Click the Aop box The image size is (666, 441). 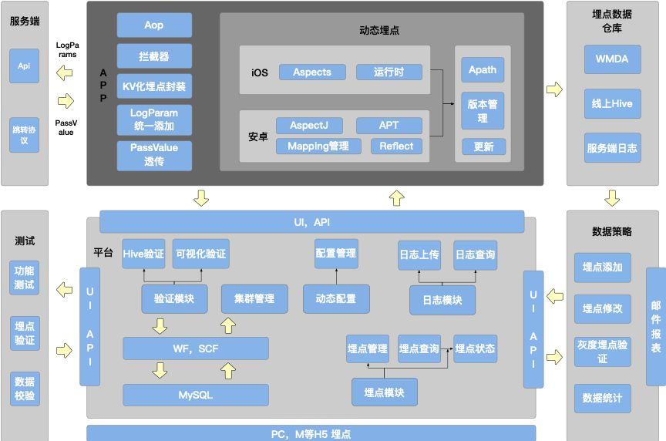(154, 25)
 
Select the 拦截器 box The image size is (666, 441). (154, 56)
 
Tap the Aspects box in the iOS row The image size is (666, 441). (311, 72)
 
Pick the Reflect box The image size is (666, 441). (396, 146)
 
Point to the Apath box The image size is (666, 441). (483, 69)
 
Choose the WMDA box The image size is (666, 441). (612, 59)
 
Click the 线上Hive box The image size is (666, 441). (612, 103)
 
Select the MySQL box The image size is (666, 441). (196, 395)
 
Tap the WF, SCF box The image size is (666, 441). (196, 348)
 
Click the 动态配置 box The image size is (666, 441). (336, 299)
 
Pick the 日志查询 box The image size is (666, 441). (475, 254)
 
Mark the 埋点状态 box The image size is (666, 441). (475, 348)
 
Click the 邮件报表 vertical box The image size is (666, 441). (656, 326)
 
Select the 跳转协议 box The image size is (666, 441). (24, 135)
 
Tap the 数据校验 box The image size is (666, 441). (24, 390)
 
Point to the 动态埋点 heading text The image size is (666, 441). (379, 32)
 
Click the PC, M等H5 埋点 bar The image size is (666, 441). (311, 434)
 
